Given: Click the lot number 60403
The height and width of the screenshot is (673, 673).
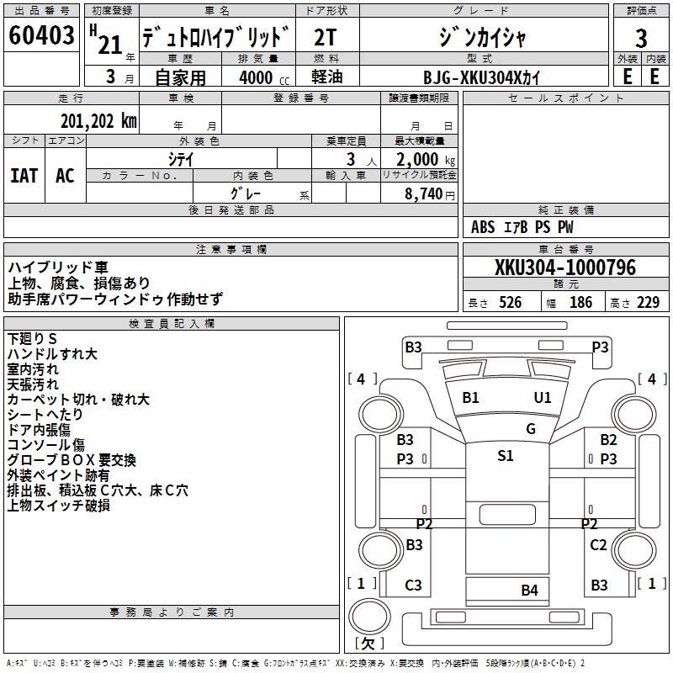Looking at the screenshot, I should (41, 37).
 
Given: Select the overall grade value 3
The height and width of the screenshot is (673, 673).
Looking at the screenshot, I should (641, 38).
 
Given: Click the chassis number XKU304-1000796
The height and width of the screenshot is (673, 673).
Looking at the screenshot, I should (565, 268).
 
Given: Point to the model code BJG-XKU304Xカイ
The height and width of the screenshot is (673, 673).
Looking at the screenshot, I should (481, 77).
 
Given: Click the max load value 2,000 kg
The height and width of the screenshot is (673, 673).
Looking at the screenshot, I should (421, 160).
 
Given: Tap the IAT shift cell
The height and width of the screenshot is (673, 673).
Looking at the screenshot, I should (24, 176).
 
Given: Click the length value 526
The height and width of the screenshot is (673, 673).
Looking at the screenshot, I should (509, 303).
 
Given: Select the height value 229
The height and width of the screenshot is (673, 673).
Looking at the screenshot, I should (648, 303).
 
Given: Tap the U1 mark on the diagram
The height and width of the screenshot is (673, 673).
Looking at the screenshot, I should (543, 397).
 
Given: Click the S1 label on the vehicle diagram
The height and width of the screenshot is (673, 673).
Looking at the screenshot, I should (506, 456).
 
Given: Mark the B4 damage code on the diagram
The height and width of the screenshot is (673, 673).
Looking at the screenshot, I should (529, 590).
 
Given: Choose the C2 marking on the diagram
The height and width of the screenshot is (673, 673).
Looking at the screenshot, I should (598, 545).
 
